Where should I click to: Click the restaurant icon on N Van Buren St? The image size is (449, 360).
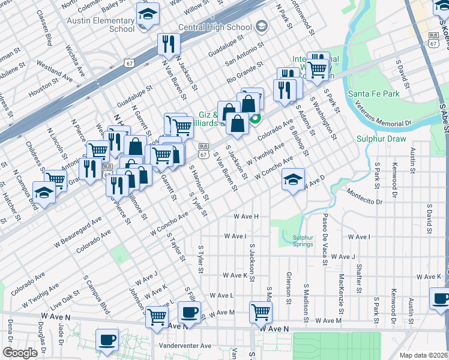pyautogui.click(x=168, y=44)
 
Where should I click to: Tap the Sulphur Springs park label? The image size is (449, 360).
pyautogui.click(x=303, y=241)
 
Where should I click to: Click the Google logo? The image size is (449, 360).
pyautogui.click(x=20, y=352)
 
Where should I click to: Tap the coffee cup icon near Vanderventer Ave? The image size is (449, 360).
pyautogui.click(x=107, y=340)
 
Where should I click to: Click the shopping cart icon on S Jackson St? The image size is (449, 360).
pyautogui.click(x=261, y=311)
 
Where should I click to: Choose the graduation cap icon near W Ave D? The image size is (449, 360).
pyautogui.click(x=293, y=179)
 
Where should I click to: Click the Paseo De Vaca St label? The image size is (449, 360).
pyautogui.click(x=324, y=239)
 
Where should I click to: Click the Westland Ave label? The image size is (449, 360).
pyautogui.click(x=55, y=68)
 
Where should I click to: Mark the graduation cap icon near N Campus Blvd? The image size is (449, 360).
pyautogui.click(x=44, y=193)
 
